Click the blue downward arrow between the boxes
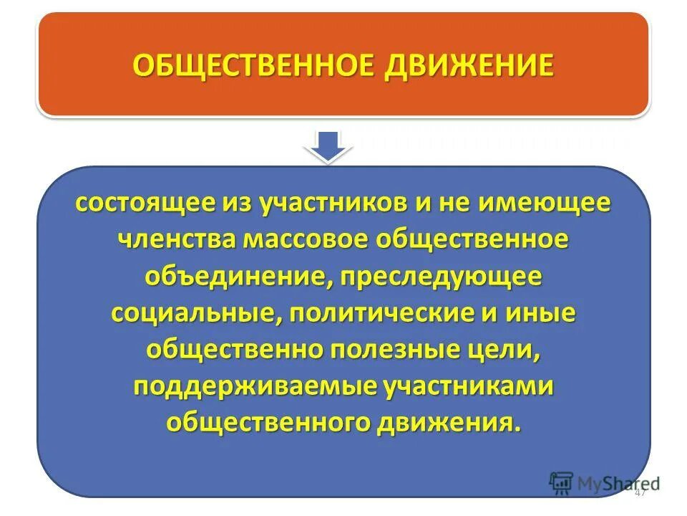point(328,145)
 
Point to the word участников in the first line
point(319,204)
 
